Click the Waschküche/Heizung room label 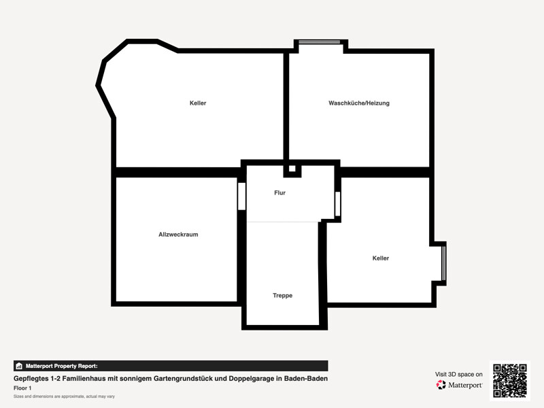(359, 103)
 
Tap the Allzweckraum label (178, 235)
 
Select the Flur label (279, 193)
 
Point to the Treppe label (282, 296)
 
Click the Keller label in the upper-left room (198, 103)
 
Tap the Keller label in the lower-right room (381, 258)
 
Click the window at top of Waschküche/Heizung (319, 42)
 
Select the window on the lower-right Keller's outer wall (443, 263)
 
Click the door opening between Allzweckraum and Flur (242, 197)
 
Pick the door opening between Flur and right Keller (337, 204)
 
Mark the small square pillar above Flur (292, 169)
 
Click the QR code (510, 381)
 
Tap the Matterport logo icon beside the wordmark (441, 385)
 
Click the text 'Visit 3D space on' (458, 375)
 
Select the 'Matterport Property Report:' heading (61, 366)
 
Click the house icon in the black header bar (19, 366)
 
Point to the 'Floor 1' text (22, 388)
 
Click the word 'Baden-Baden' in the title (306, 379)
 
